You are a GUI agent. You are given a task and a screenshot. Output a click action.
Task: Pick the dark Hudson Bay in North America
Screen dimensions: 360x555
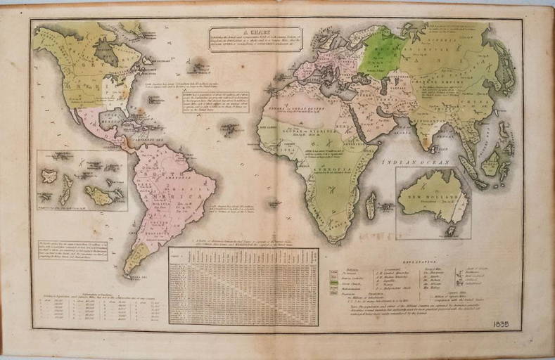(x=105, y=51)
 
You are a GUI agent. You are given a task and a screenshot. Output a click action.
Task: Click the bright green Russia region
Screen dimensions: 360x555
(x=385, y=52)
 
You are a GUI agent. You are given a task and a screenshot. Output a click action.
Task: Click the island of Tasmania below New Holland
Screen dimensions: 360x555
(x=451, y=230)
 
